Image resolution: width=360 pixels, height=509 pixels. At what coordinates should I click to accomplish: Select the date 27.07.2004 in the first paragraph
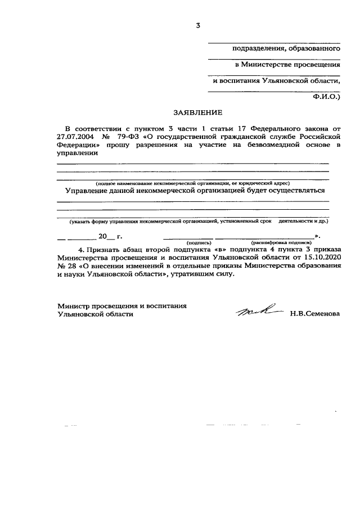tap(77, 136)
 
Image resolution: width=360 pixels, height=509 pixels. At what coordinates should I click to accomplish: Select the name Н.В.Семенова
tap(315, 314)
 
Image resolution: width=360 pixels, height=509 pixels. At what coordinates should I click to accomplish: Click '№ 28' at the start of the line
tap(66, 265)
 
